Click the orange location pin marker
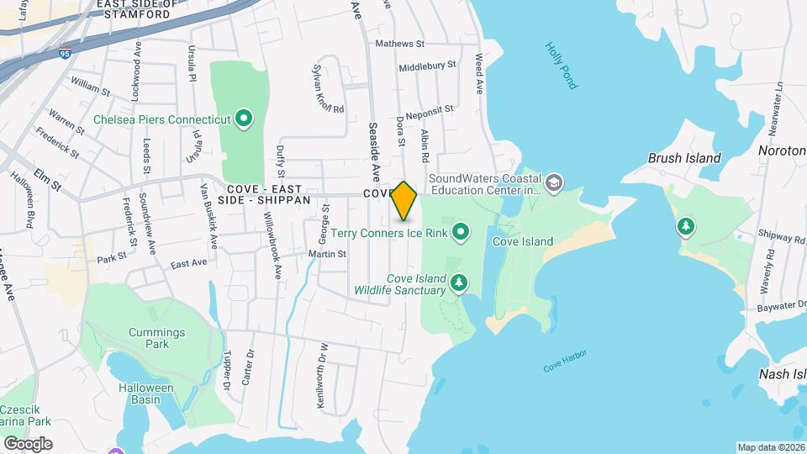coord(404,200)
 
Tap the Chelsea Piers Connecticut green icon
coord(244,119)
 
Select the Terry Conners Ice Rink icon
coord(461,230)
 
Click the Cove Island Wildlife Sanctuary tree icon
coord(459,282)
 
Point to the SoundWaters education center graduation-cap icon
coord(554,182)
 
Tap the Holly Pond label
coord(562,66)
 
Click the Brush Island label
coord(684,158)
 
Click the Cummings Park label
coord(150,338)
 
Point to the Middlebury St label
coord(427,65)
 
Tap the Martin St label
coord(327,253)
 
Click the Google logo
coord(28,443)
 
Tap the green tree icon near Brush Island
coord(687,226)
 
